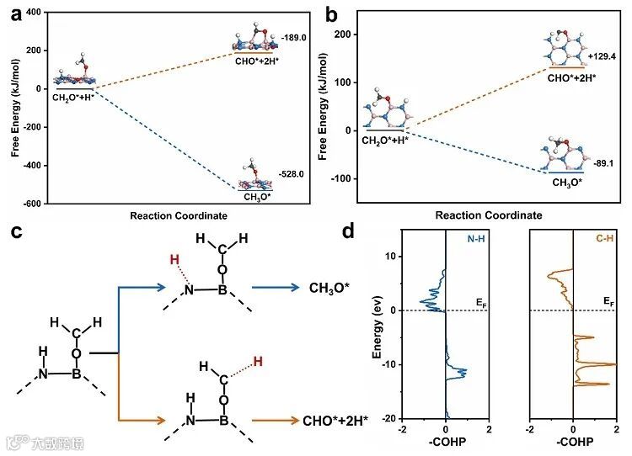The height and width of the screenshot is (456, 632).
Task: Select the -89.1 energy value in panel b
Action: tap(601, 161)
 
